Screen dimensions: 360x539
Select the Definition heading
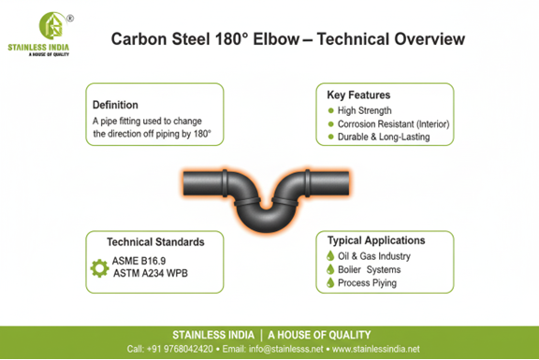click(x=115, y=105)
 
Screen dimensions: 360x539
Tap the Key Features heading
click(x=359, y=95)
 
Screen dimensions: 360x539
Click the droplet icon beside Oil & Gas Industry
click(x=331, y=256)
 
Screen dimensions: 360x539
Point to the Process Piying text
click(x=371, y=283)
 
